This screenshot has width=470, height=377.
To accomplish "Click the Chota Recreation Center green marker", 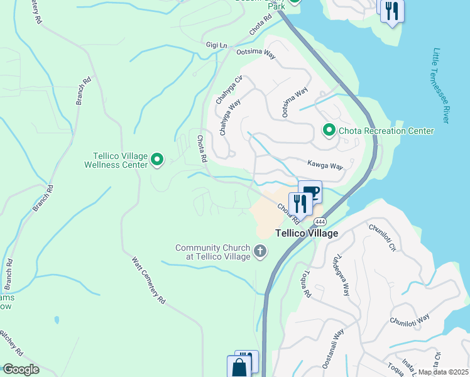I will point(329,131).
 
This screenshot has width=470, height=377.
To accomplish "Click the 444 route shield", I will point(320,222).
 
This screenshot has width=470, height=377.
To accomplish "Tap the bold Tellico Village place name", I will point(307,233).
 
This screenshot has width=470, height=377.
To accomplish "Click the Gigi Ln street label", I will point(215,45).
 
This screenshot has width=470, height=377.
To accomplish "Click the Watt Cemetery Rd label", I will point(148,280).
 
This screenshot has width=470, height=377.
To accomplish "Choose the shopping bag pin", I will point(239,368).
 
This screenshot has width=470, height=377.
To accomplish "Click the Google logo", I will point(20,369).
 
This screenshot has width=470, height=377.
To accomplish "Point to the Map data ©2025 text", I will point(444,372).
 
